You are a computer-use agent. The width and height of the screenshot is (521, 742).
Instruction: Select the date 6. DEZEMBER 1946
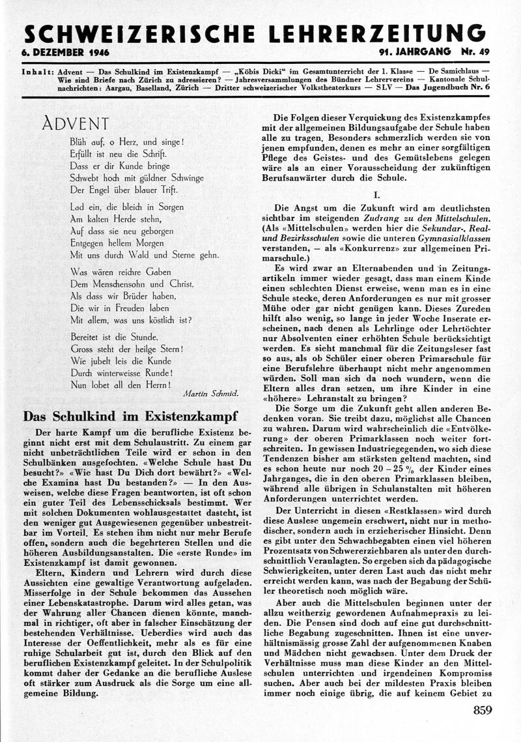pos(65,52)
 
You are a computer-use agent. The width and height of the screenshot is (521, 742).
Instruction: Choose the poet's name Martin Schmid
pos(212,394)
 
